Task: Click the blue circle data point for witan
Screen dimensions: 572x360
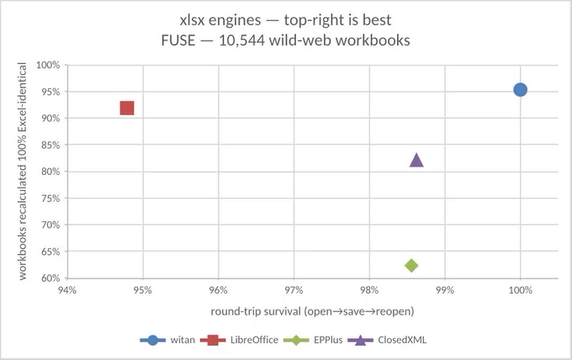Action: coord(520,90)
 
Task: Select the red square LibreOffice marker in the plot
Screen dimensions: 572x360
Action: coord(127,108)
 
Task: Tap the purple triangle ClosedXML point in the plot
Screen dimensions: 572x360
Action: coord(416,160)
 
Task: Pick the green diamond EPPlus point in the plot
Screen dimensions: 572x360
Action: coord(411,265)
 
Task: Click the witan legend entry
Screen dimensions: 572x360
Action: coord(167,340)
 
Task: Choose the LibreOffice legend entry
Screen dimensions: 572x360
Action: coord(239,340)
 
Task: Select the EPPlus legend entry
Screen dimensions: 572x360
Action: coord(313,340)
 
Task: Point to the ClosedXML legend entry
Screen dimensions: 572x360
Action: coord(387,340)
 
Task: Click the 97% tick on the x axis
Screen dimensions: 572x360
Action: coord(294,290)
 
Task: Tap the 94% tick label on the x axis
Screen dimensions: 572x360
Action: coord(67,290)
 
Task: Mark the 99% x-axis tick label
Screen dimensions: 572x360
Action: coord(445,290)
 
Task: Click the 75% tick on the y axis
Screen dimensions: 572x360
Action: coord(50,199)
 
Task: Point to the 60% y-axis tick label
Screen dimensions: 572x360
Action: coord(50,278)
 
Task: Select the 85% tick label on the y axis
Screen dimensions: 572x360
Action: coord(50,146)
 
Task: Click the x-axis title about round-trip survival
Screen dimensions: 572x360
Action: coord(312,311)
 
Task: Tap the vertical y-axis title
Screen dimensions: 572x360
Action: coord(22,172)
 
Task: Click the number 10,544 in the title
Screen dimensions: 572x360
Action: coord(242,40)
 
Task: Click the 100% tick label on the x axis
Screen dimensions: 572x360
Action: coord(520,290)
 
